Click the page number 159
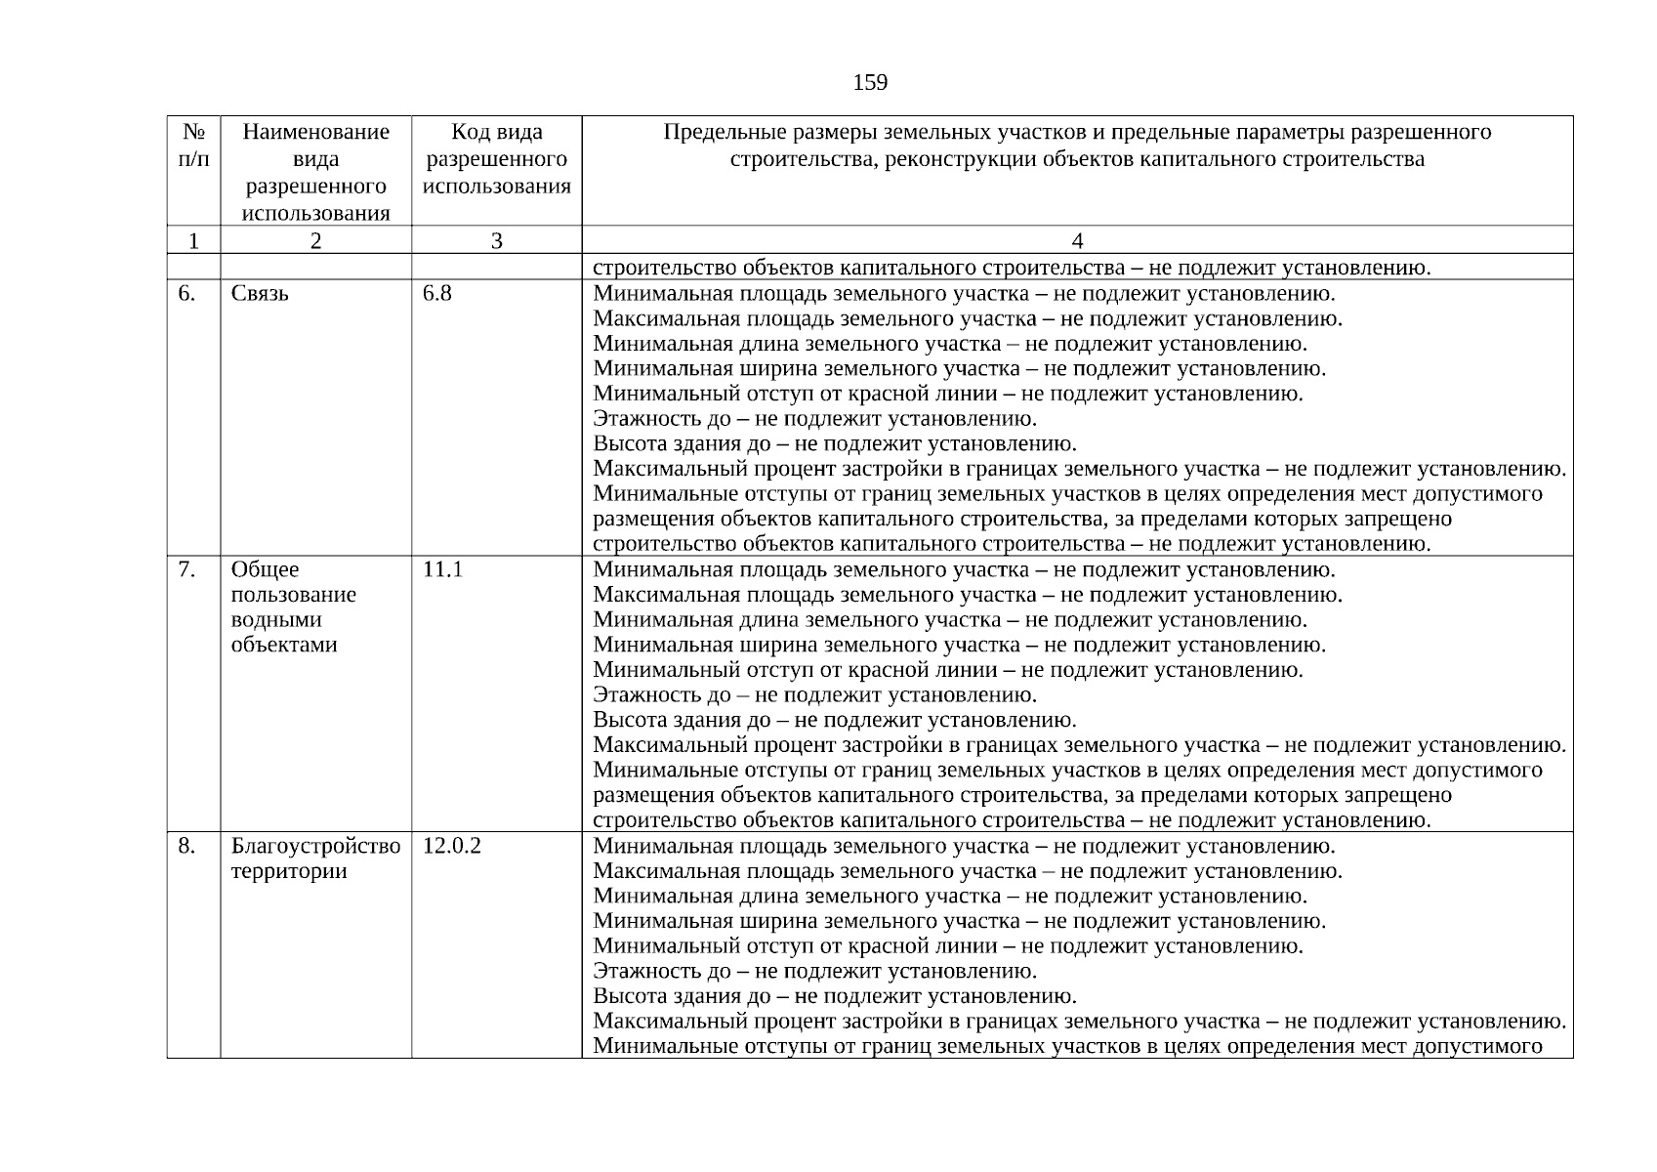tap(869, 83)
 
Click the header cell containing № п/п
tap(193, 145)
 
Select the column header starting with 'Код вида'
tap(496, 158)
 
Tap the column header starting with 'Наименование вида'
tap(315, 172)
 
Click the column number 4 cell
tap(1077, 240)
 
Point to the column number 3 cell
tap(496, 240)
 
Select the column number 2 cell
tap(315, 240)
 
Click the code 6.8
tap(436, 293)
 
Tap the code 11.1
tap(441, 569)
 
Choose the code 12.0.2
tap(451, 846)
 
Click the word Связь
tap(260, 293)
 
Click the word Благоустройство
tap(315, 846)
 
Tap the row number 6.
tap(186, 293)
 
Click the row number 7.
tap(186, 569)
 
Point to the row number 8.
tap(186, 846)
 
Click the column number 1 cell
tap(193, 240)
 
